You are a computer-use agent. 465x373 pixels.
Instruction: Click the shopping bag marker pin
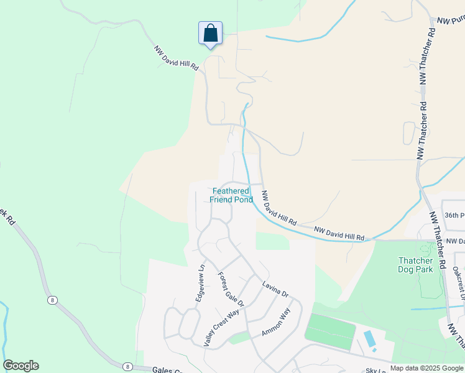coord(210,33)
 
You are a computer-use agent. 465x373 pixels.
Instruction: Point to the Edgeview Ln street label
coord(200,284)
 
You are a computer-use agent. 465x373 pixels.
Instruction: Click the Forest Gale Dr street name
coord(231,290)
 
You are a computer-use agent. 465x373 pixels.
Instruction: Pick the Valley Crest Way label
coord(222,327)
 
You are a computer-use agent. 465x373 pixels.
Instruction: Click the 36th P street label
coord(454,215)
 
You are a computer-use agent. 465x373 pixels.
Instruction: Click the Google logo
coord(21,366)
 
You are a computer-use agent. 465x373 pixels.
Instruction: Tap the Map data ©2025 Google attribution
coord(426,369)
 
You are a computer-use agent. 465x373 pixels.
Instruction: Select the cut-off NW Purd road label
coord(451,21)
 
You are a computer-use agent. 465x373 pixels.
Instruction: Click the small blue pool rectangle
coord(369,339)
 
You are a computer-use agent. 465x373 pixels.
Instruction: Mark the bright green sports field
coord(329,332)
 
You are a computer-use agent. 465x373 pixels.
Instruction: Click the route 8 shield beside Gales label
coord(127,367)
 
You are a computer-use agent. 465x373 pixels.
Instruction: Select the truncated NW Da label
coord(455,241)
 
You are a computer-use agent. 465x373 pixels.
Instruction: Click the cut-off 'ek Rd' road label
coord(9,216)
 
